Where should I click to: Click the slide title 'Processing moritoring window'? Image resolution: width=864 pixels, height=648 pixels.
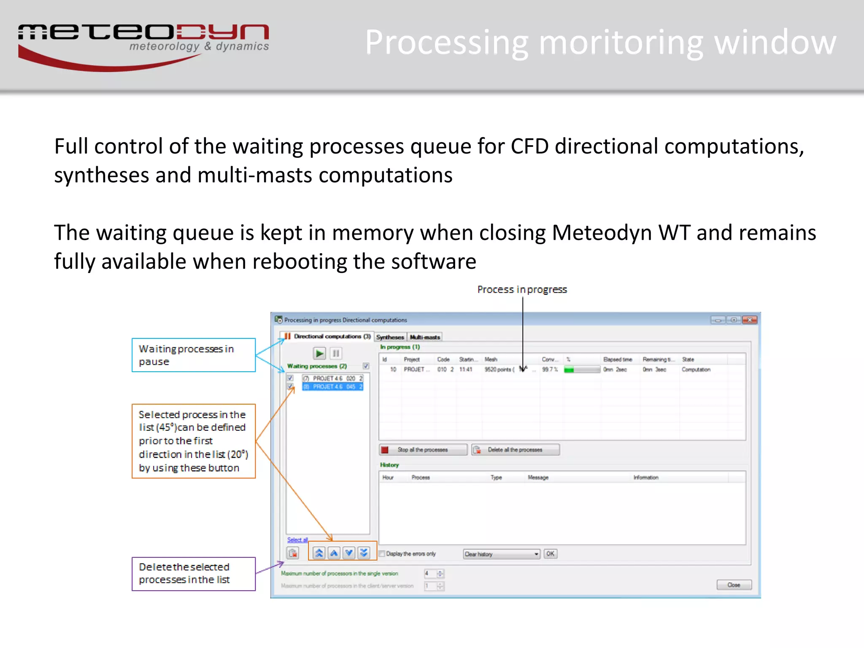pos(600,42)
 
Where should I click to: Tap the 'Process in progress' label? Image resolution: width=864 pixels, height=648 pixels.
pos(522,289)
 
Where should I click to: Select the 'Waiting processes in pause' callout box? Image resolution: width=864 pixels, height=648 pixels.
pos(194,355)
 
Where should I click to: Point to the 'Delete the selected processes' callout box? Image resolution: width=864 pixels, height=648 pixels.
pos(194,574)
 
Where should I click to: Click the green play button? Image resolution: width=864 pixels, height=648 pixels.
pos(319,353)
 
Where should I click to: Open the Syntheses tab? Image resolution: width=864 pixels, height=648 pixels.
pos(390,337)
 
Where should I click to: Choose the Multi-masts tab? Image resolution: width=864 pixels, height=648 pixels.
pos(425,337)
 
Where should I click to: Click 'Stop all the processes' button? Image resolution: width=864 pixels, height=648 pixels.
pos(423,450)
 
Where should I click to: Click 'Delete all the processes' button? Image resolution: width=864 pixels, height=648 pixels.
pos(516,450)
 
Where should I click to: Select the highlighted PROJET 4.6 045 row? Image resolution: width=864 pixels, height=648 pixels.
pos(333,386)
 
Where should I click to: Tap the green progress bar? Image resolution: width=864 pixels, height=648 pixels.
pos(582,370)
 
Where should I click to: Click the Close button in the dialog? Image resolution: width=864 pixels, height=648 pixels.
pos(734,585)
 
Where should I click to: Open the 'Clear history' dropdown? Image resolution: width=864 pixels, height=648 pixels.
pos(502,554)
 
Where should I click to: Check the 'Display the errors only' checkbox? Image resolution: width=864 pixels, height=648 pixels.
pos(382,553)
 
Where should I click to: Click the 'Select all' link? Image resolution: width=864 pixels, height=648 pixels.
pos(297,540)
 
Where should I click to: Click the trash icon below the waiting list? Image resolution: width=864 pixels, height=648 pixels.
pos(293,553)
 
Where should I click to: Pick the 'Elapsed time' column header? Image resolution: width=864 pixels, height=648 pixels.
pos(618,359)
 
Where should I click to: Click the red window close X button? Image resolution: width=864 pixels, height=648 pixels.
pos(750,320)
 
